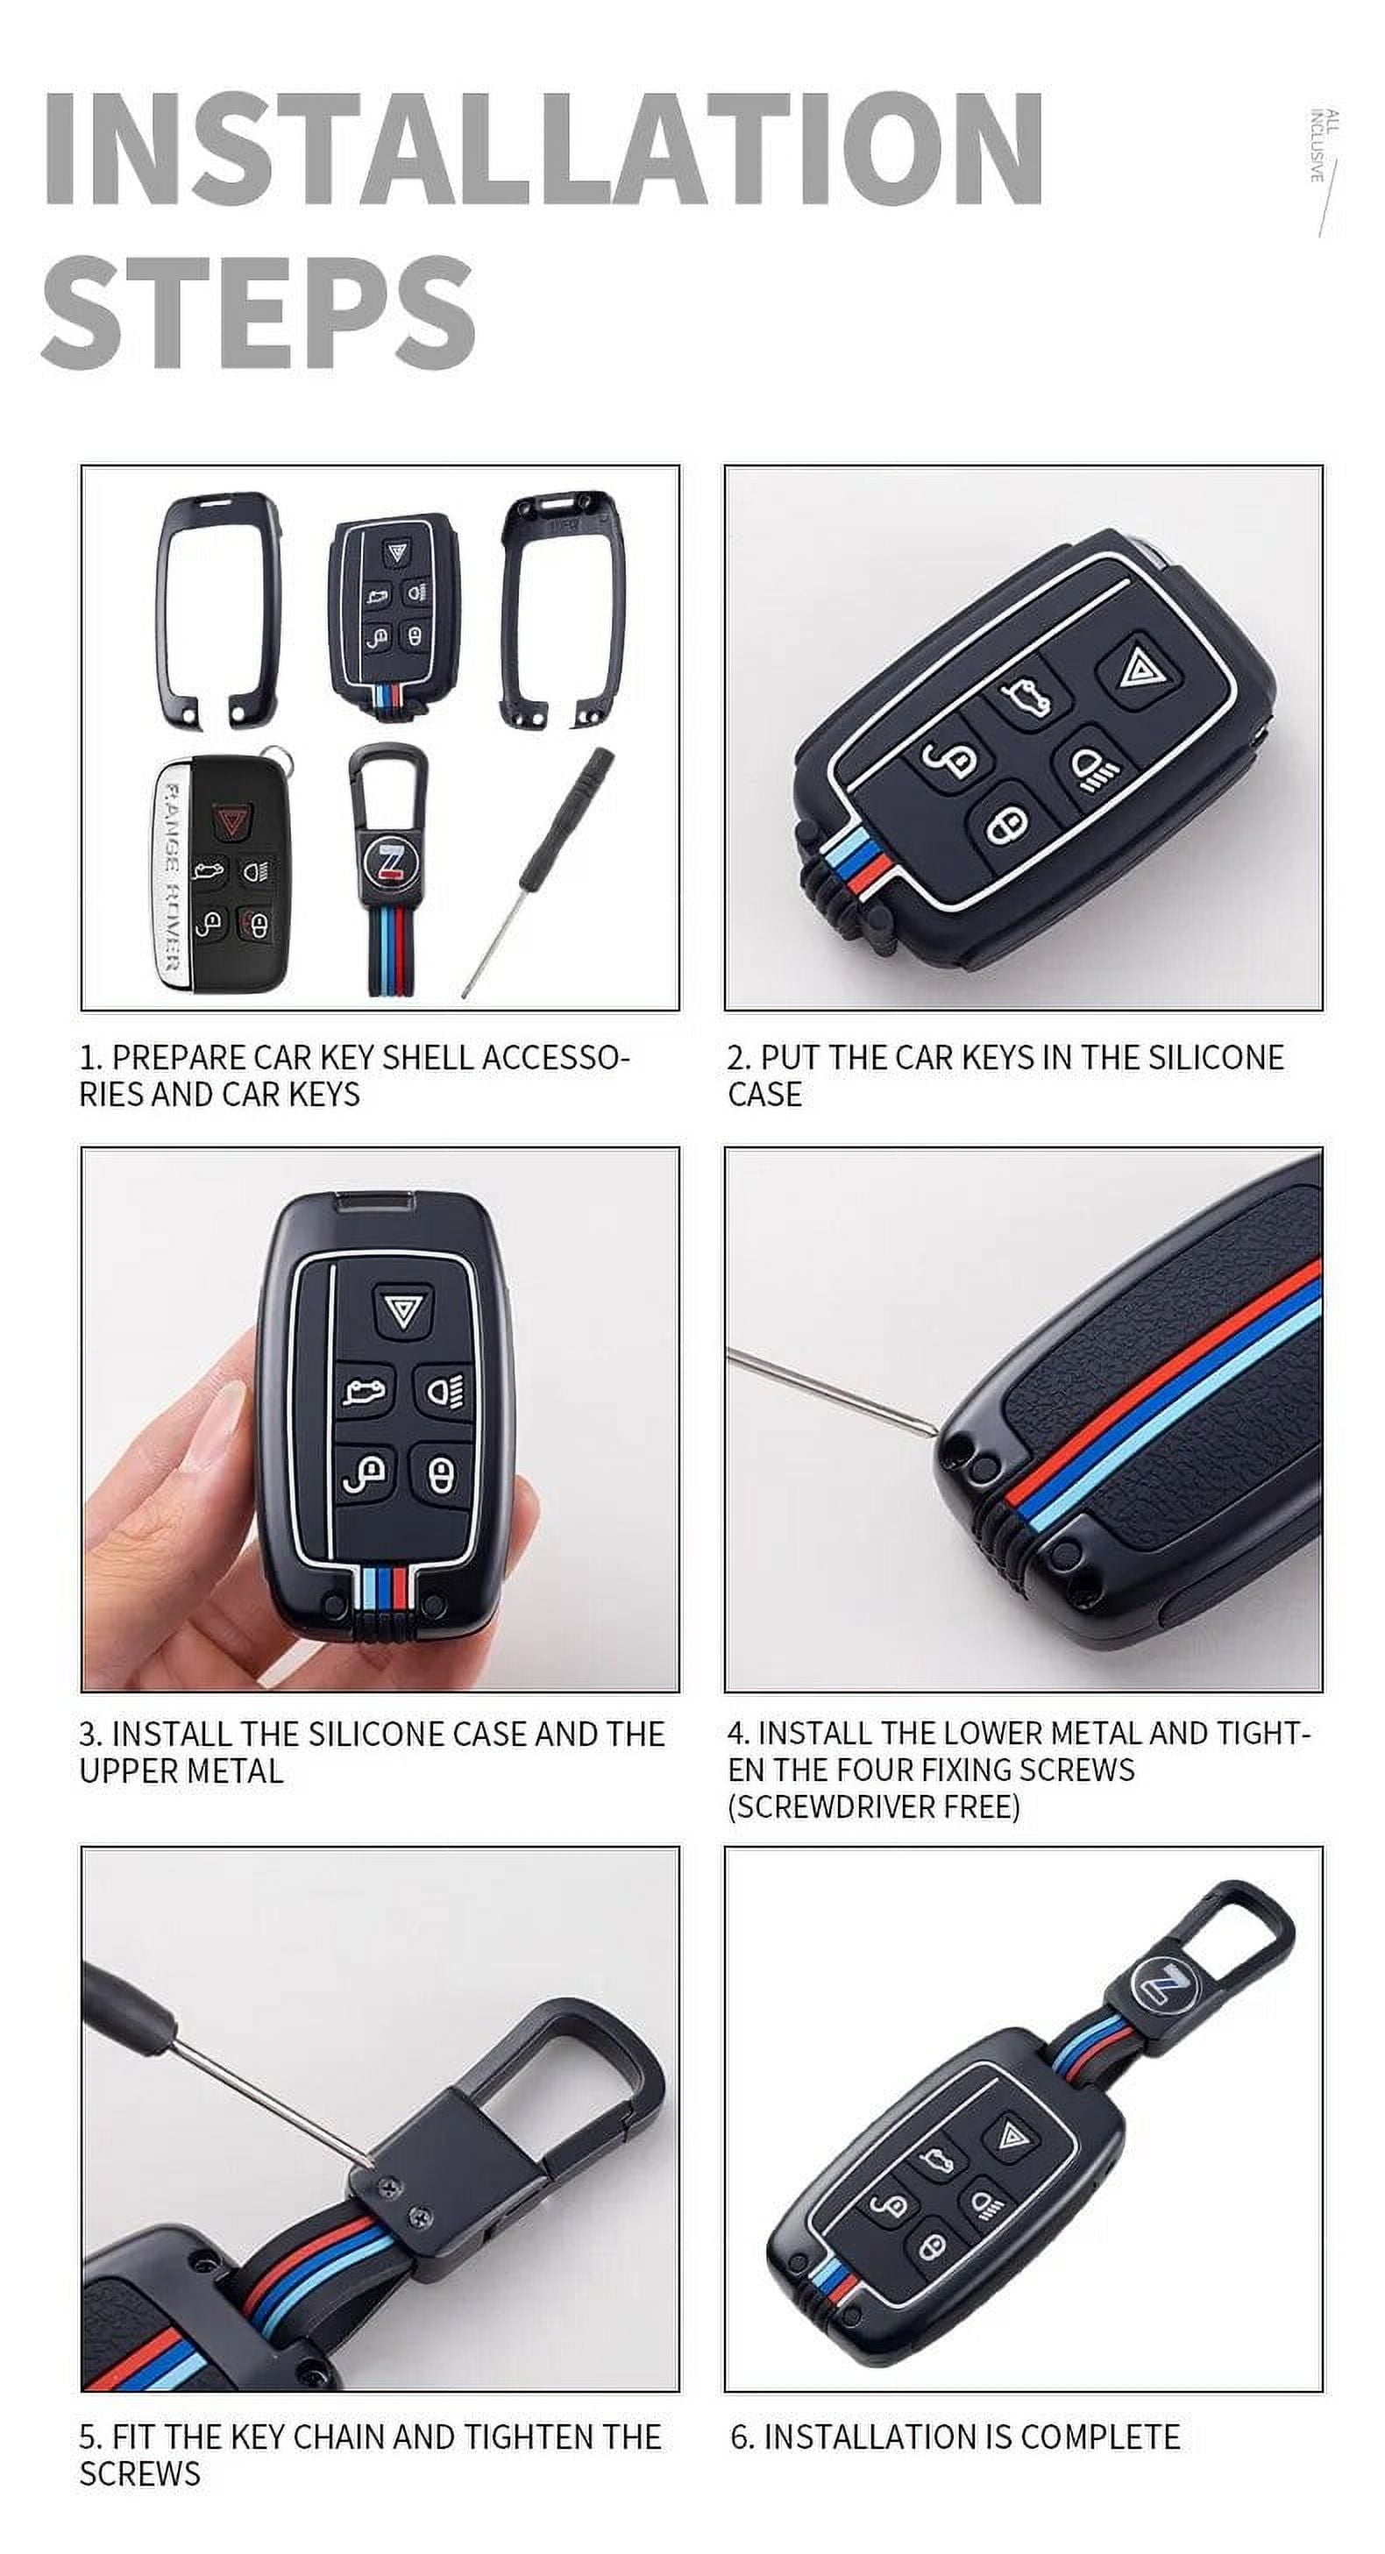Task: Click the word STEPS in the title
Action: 258,311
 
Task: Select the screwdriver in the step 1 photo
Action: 538,871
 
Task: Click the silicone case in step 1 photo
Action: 394,609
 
